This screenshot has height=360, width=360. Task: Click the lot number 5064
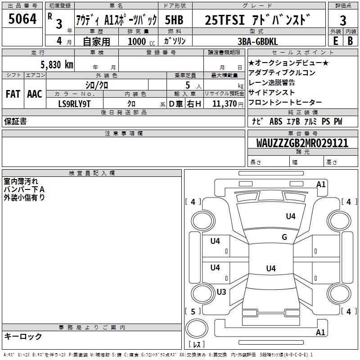22,20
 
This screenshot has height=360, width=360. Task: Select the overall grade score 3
343,20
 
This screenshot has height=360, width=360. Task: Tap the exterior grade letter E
336,40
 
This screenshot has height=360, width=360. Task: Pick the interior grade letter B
350,40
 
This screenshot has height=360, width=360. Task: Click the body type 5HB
174,20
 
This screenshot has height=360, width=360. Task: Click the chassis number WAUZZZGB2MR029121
302,143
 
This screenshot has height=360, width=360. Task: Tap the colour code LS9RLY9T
75,103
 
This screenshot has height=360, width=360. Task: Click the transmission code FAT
13,94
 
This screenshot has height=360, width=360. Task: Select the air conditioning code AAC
35,94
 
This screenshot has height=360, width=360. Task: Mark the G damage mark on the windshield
284,237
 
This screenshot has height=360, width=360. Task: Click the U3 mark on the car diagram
221,292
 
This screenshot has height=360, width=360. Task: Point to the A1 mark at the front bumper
321,184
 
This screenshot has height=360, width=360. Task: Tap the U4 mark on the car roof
270,269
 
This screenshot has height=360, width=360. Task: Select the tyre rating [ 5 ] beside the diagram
193,311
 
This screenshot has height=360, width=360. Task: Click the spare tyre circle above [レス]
197,329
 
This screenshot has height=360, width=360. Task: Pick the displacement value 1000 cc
139,41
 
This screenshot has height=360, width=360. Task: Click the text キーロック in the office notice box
23,336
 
